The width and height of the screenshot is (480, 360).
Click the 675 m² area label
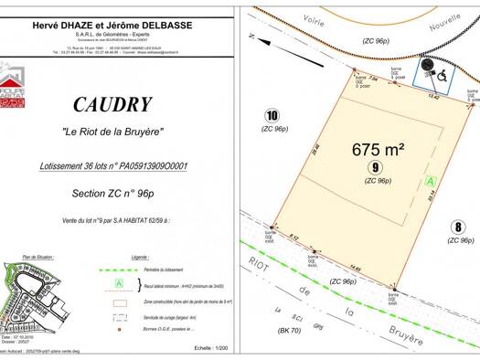pyautogui.click(x=379, y=148)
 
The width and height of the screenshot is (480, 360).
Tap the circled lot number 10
pyautogui.click(x=271, y=115)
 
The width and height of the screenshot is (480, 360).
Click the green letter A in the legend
pyautogui.click(x=119, y=283)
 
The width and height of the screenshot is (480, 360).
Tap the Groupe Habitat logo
pyautogui.click(x=12, y=79)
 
